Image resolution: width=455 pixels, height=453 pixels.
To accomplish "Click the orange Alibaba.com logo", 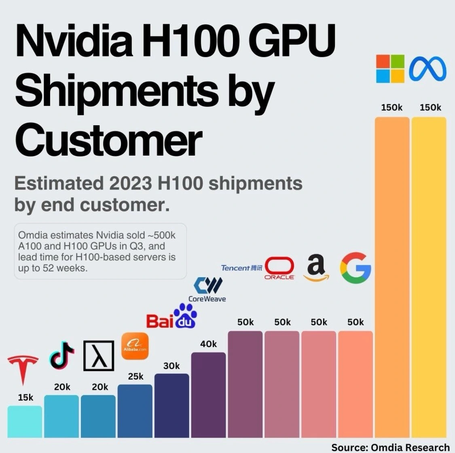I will click(x=135, y=346).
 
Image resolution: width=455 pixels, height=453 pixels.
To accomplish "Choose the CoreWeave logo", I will click(x=207, y=289).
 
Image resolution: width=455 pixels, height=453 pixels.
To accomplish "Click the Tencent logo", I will click(x=241, y=268).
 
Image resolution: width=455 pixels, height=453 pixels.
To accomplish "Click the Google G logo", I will click(x=356, y=268).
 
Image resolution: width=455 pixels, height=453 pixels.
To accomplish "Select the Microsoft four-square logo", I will click(x=390, y=69).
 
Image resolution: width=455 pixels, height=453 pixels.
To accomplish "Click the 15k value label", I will click(x=25, y=398).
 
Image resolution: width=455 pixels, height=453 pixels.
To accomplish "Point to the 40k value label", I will click(x=209, y=344).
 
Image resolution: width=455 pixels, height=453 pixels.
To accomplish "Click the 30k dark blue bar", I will click(x=171, y=406).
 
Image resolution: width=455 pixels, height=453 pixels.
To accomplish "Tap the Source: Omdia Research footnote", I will click(x=390, y=447).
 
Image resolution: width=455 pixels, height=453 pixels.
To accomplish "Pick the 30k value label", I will click(x=171, y=366).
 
